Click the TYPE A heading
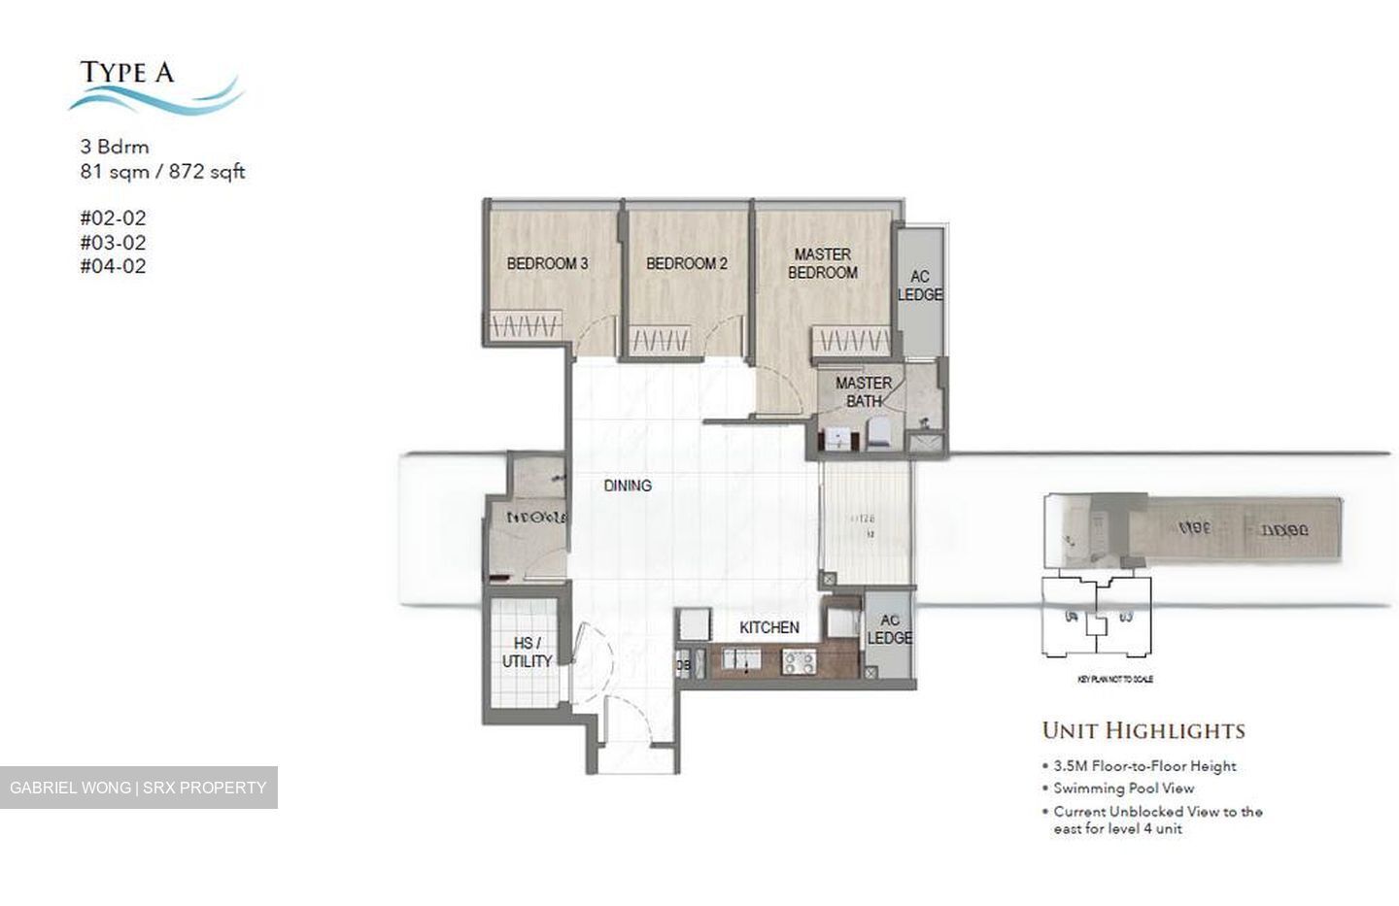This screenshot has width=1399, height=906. [x=126, y=72]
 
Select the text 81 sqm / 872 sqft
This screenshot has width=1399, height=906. [x=162, y=172]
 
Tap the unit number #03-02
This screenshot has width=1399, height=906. [x=113, y=243]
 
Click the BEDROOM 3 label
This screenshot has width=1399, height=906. [x=547, y=263]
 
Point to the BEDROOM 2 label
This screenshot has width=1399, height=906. [x=686, y=263]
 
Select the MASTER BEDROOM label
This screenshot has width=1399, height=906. [x=822, y=263]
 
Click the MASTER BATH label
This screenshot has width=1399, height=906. [x=863, y=391]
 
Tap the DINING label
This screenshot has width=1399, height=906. [x=628, y=486]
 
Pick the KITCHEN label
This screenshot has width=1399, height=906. [x=768, y=628]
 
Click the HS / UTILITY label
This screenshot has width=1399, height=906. [x=527, y=652]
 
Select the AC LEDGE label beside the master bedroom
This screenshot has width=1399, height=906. [x=919, y=286]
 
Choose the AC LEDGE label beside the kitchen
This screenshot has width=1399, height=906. [x=889, y=629]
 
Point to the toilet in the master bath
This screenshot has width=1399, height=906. [x=879, y=434]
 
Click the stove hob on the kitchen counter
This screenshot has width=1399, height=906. [x=800, y=662]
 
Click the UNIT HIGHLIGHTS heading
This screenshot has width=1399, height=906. [x=1143, y=730]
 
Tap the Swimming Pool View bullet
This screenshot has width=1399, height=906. [x=1123, y=789]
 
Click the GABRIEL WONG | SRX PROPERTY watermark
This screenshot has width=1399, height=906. [x=138, y=788]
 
